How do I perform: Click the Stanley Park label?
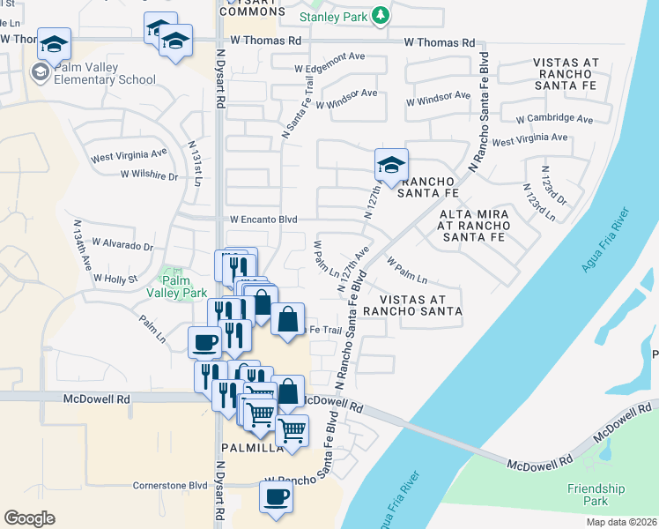[x=334, y=16]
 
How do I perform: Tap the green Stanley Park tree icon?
[x=381, y=15]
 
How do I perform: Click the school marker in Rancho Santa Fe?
[x=390, y=163]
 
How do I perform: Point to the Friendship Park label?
[x=596, y=495]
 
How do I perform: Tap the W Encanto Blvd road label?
[x=264, y=220]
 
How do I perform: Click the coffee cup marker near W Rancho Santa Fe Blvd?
[x=276, y=496]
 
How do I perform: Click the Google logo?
[x=29, y=518]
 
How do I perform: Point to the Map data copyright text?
[x=622, y=522]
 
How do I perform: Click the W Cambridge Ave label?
[x=554, y=118]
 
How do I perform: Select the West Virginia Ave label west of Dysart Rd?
[x=129, y=159]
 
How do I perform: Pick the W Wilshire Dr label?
[x=149, y=175]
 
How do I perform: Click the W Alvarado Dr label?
[x=122, y=244]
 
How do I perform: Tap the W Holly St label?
[x=116, y=279]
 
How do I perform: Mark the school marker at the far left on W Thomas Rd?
[x=54, y=43]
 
